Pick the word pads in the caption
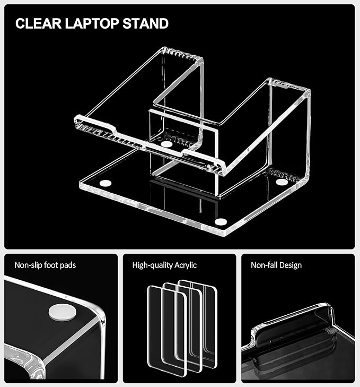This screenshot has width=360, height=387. pyautogui.click(x=67, y=265)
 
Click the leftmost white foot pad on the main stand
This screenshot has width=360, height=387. pyautogui.click(x=105, y=183)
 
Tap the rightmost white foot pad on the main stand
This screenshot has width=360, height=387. pyautogui.click(x=282, y=182)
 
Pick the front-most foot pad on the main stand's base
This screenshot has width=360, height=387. pyautogui.click(x=219, y=221)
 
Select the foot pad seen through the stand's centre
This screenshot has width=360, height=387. pyautogui.click(x=166, y=144)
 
